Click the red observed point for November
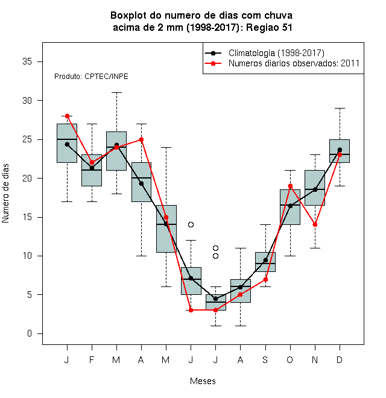pos(315,225)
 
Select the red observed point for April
pos(142,139)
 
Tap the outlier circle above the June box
pos(191,224)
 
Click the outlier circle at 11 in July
pos(215,248)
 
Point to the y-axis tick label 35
pos(27,62)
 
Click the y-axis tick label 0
pos(30,333)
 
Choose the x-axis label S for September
pos(265,359)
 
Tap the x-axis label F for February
pos(92,359)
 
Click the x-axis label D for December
pos(340,359)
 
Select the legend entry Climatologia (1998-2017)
pos(276,53)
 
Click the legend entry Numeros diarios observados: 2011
pos(294,63)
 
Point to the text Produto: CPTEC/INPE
pos(91,77)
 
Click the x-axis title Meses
pos(203,381)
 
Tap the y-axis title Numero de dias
pos(5,193)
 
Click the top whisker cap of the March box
pos(116,93)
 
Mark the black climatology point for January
pos(67,145)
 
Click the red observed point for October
pos(290,186)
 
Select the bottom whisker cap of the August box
pos(240,326)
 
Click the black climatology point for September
pos(265,260)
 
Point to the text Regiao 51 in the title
pos(269,27)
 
